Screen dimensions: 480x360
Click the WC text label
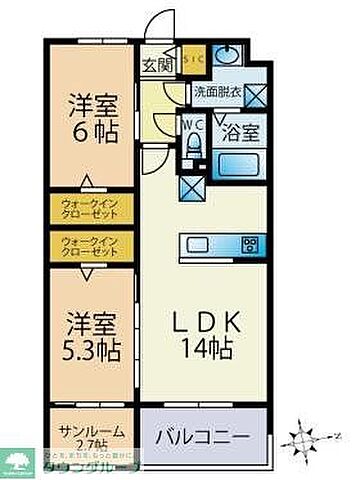[192, 124]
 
